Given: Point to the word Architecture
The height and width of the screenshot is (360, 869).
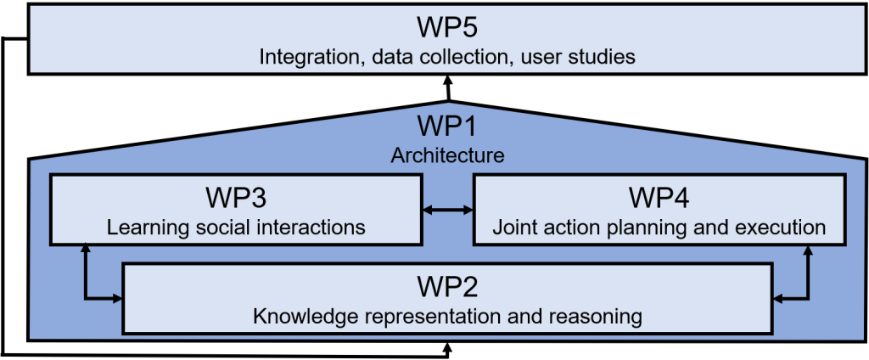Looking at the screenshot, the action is (x=447, y=155).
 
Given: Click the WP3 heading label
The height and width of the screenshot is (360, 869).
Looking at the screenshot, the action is (x=236, y=198).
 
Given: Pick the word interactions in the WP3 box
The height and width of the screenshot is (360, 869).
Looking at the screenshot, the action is (x=311, y=228).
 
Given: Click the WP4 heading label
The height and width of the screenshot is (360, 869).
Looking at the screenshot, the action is (x=659, y=198).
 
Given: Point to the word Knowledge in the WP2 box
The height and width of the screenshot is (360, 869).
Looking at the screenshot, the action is (x=299, y=318).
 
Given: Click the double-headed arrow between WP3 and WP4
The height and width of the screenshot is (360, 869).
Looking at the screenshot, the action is (x=447, y=210).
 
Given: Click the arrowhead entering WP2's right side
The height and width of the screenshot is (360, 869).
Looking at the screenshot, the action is (x=778, y=299).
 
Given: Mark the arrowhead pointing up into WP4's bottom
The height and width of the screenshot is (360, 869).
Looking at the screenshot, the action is (x=808, y=250).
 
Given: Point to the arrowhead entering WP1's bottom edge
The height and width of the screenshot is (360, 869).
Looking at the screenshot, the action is (x=447, y=347).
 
